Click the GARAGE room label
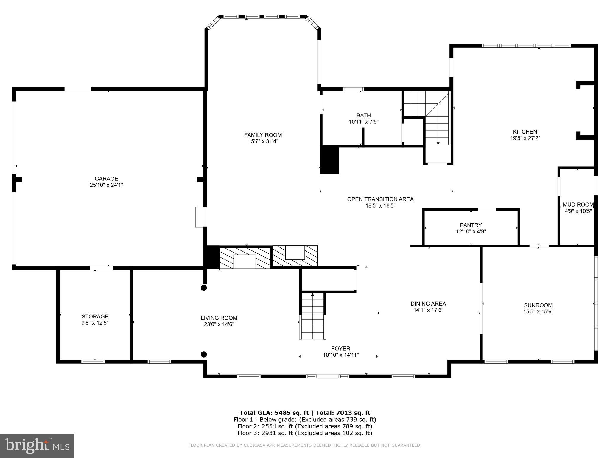tap(106, 179)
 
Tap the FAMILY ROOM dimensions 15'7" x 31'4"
tap(263, 141)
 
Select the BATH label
tap(364, 115)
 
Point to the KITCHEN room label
tap(525, 132)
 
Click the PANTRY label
tap(471, 225)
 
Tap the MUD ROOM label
tap(578, 205)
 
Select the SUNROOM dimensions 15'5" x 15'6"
tap(538, 312)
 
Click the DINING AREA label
tap(428, 304)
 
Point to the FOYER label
tap(341, 349)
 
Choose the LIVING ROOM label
tap(219, 318)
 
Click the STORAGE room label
tap(95, 316)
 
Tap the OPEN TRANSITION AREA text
tap(380, 199)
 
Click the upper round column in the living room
tap(204, 288)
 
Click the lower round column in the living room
tap(204, 354)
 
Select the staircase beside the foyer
tap(312, 316)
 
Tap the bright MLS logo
tap(37, 445)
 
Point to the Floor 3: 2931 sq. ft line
tap(305, 433)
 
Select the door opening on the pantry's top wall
tap(487, 210)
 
